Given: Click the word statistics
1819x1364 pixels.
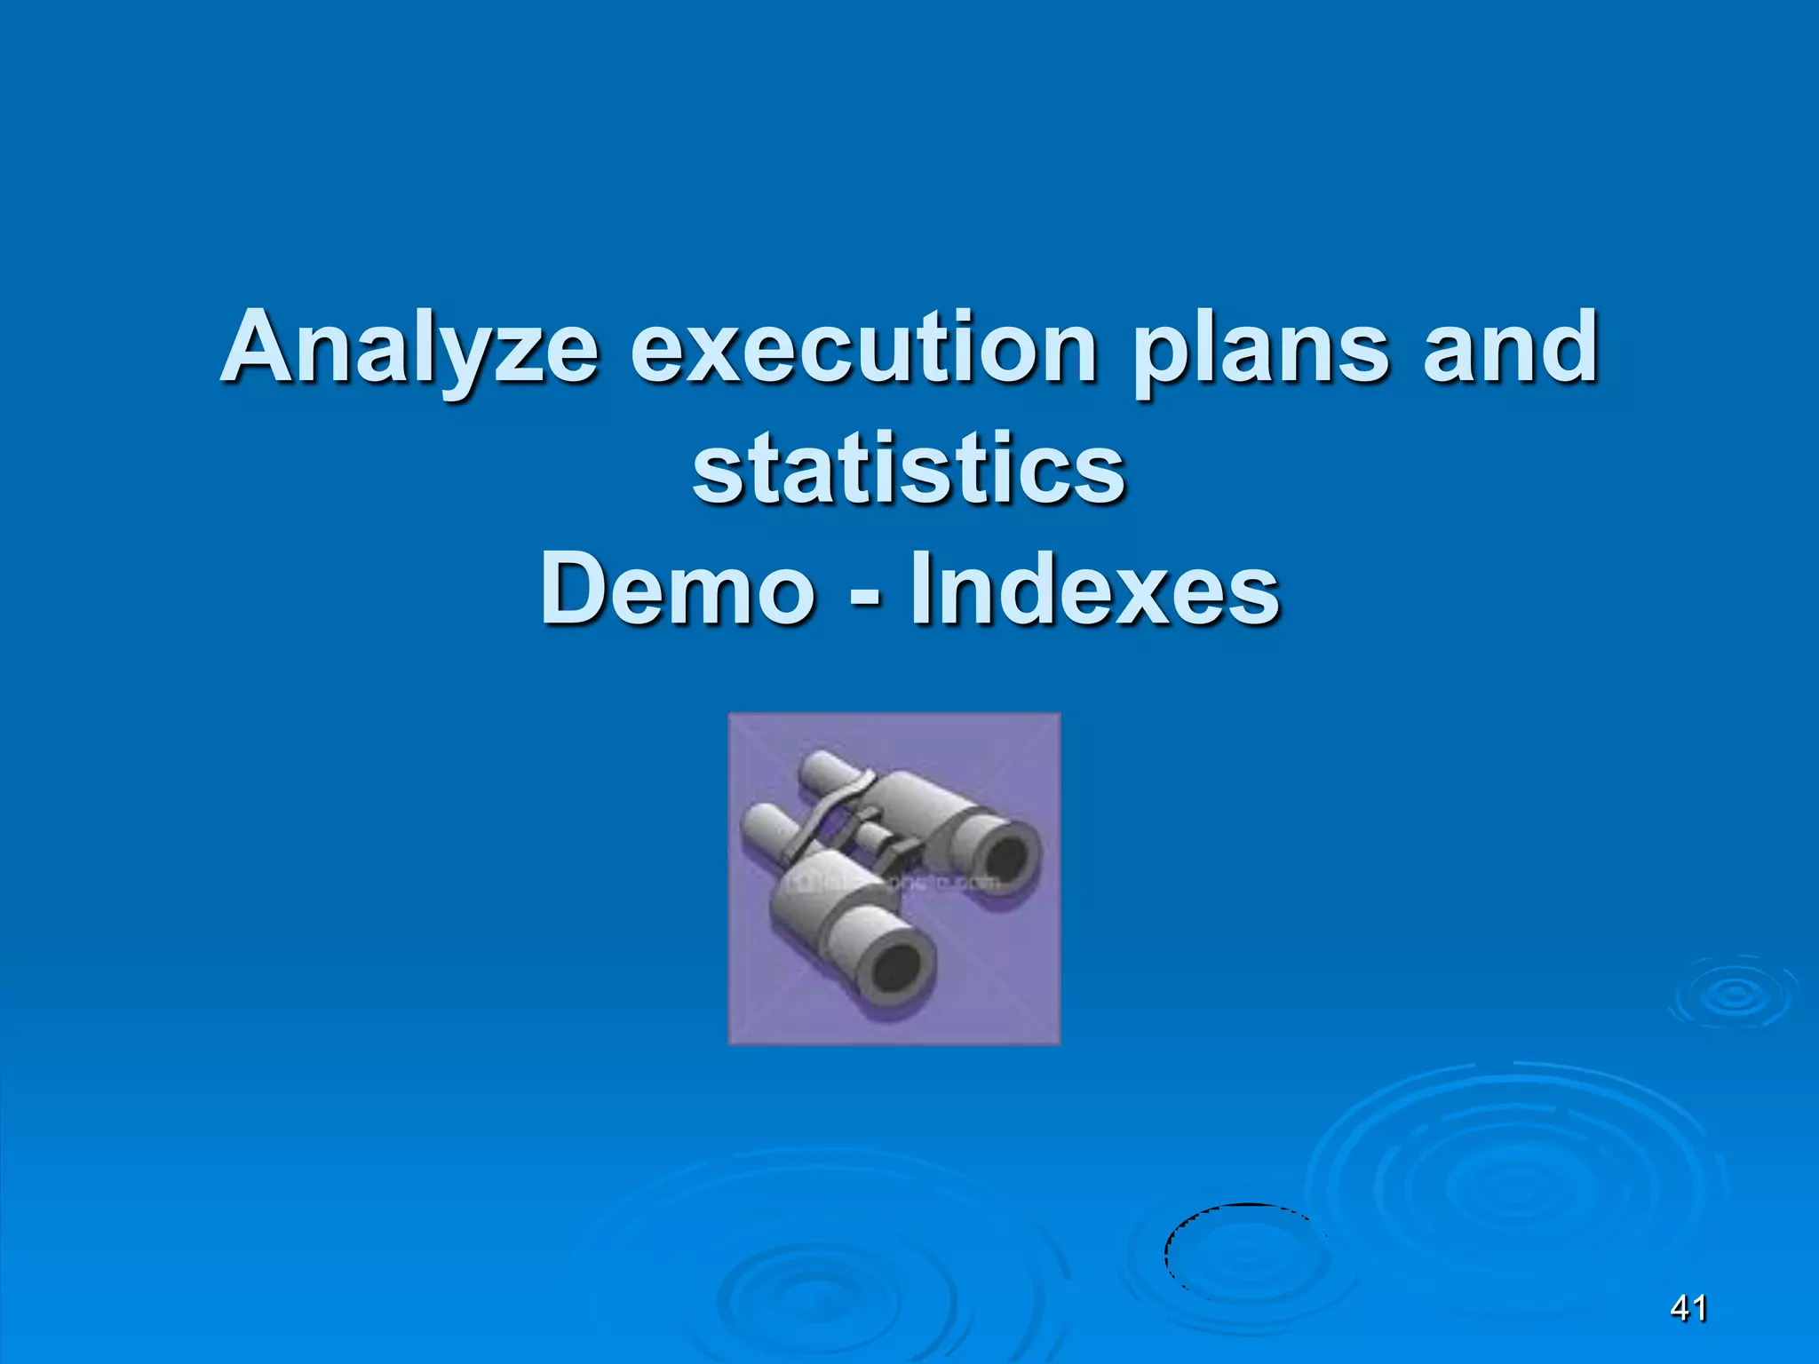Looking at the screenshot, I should tap(909, 469).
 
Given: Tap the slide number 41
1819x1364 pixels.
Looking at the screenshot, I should tap(1688, 1308).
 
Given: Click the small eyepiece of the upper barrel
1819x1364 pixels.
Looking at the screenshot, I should tap(822, 769).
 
